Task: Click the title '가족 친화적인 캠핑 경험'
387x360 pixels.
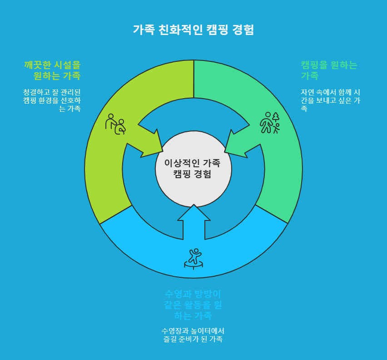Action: pos(193,30)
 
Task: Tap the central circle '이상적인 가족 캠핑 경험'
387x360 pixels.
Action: pos(193,169)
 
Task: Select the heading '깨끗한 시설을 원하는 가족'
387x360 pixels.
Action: pos(52,70)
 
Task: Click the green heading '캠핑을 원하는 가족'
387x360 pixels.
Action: pos(329,70)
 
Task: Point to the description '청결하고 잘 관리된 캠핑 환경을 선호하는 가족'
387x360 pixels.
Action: pos(52,100)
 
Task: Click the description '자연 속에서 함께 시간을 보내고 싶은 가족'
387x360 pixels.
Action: pos(330,100)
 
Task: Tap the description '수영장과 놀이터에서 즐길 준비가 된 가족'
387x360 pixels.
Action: pos(193,335)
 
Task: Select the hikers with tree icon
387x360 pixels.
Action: pos(269,123)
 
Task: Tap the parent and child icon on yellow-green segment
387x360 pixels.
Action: pos(115,124)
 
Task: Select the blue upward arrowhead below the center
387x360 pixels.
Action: pos(194,216)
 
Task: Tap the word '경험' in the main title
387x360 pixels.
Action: pos(243,30)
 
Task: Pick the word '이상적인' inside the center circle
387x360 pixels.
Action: pos(179,163)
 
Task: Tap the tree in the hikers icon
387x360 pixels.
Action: pos(276,117)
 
